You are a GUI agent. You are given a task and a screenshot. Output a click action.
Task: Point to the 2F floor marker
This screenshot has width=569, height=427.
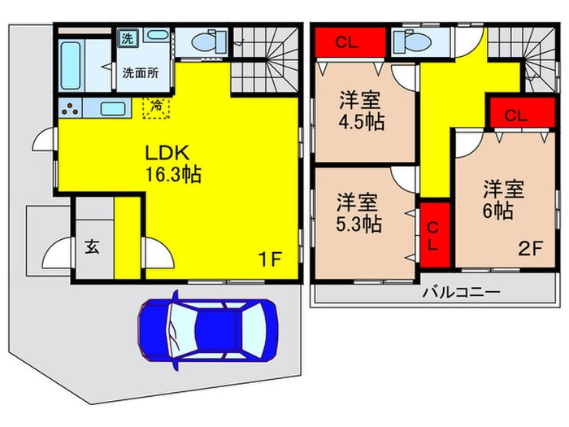531,250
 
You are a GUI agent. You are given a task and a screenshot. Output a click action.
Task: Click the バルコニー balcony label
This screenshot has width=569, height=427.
459,292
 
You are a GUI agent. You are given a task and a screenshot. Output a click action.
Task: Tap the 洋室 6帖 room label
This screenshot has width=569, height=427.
502,200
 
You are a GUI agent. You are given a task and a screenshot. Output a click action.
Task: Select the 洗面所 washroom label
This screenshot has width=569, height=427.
141,72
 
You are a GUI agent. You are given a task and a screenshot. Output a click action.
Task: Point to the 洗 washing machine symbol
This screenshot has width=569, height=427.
128,37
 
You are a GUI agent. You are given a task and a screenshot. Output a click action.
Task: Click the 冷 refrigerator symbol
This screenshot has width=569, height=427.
154,106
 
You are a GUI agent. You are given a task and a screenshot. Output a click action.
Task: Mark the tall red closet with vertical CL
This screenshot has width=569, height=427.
434,234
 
